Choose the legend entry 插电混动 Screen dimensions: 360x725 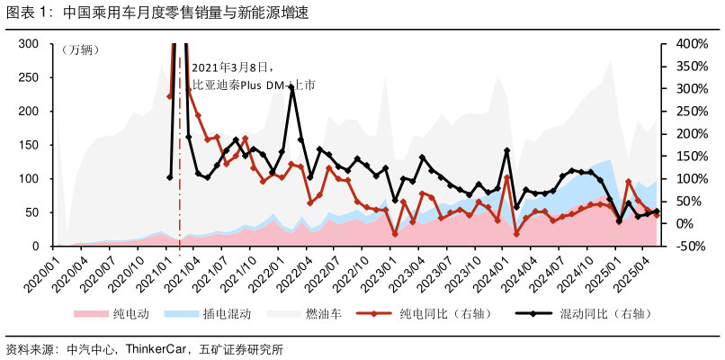pyautogui.click(x=226, y=314)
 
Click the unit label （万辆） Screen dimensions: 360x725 pyautogui.click(x=81, y=49)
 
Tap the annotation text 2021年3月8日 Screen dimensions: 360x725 pyautogui.click(x=231, y=67)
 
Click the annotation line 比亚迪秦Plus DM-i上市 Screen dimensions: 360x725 pyautogui.click(x=254, y=85)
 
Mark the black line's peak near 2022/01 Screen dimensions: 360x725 pyautogui.click(x=291, y=87)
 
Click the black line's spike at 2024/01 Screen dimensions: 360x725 pyautogui.click(x=507, y=150)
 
